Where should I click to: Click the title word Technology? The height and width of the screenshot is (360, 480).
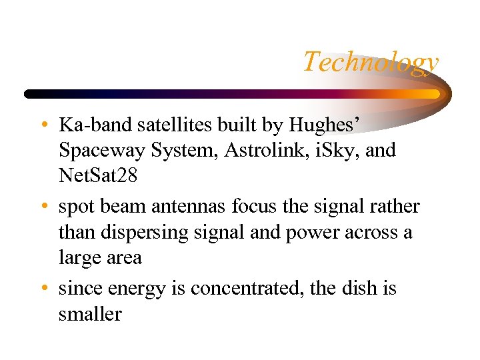[x=371, y=62]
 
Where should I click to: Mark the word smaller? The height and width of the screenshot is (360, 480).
[x=90, y=314]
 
